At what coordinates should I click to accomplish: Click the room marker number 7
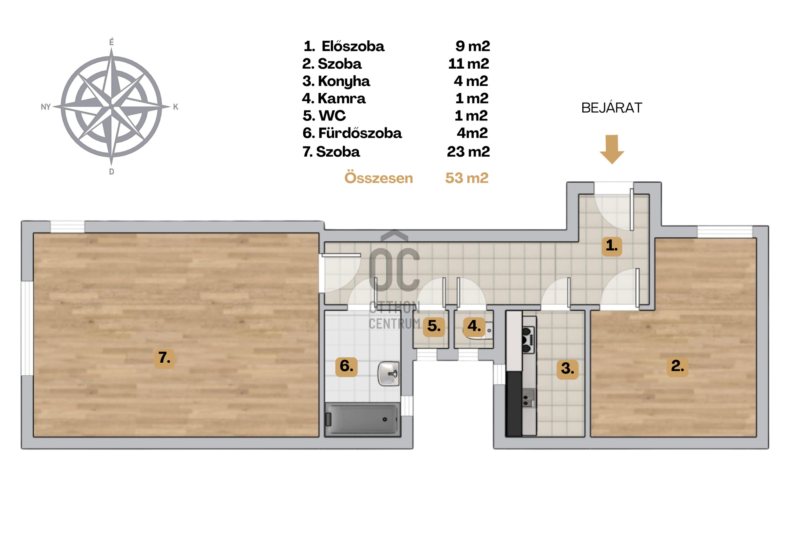164,358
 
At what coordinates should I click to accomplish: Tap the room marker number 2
677,366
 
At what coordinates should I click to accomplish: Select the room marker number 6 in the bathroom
346,366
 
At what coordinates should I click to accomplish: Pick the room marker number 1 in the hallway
612,246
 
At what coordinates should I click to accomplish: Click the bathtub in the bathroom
362,419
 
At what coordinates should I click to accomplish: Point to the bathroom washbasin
388,373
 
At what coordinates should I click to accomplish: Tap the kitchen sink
528,398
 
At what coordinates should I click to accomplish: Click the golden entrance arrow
612,149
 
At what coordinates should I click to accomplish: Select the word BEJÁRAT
611,108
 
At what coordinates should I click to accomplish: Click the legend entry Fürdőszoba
360,133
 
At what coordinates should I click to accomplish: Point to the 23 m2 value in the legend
468,152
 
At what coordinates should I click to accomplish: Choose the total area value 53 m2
467,178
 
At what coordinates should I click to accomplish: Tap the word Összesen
378,178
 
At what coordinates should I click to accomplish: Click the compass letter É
111,42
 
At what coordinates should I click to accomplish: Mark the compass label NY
46,107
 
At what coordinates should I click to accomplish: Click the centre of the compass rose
111,107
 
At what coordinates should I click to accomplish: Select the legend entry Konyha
344,81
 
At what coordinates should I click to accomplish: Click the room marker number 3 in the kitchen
568,368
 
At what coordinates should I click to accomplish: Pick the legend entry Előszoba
353,46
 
